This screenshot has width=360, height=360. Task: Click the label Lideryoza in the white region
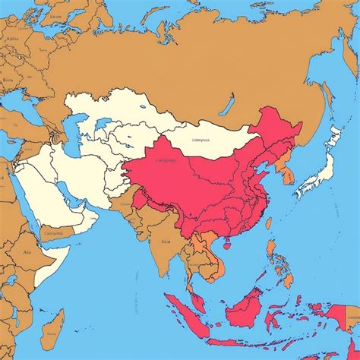pos(201,140)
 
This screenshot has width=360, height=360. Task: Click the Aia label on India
pos(166,243)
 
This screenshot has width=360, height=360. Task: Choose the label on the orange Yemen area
pos(55,233)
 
